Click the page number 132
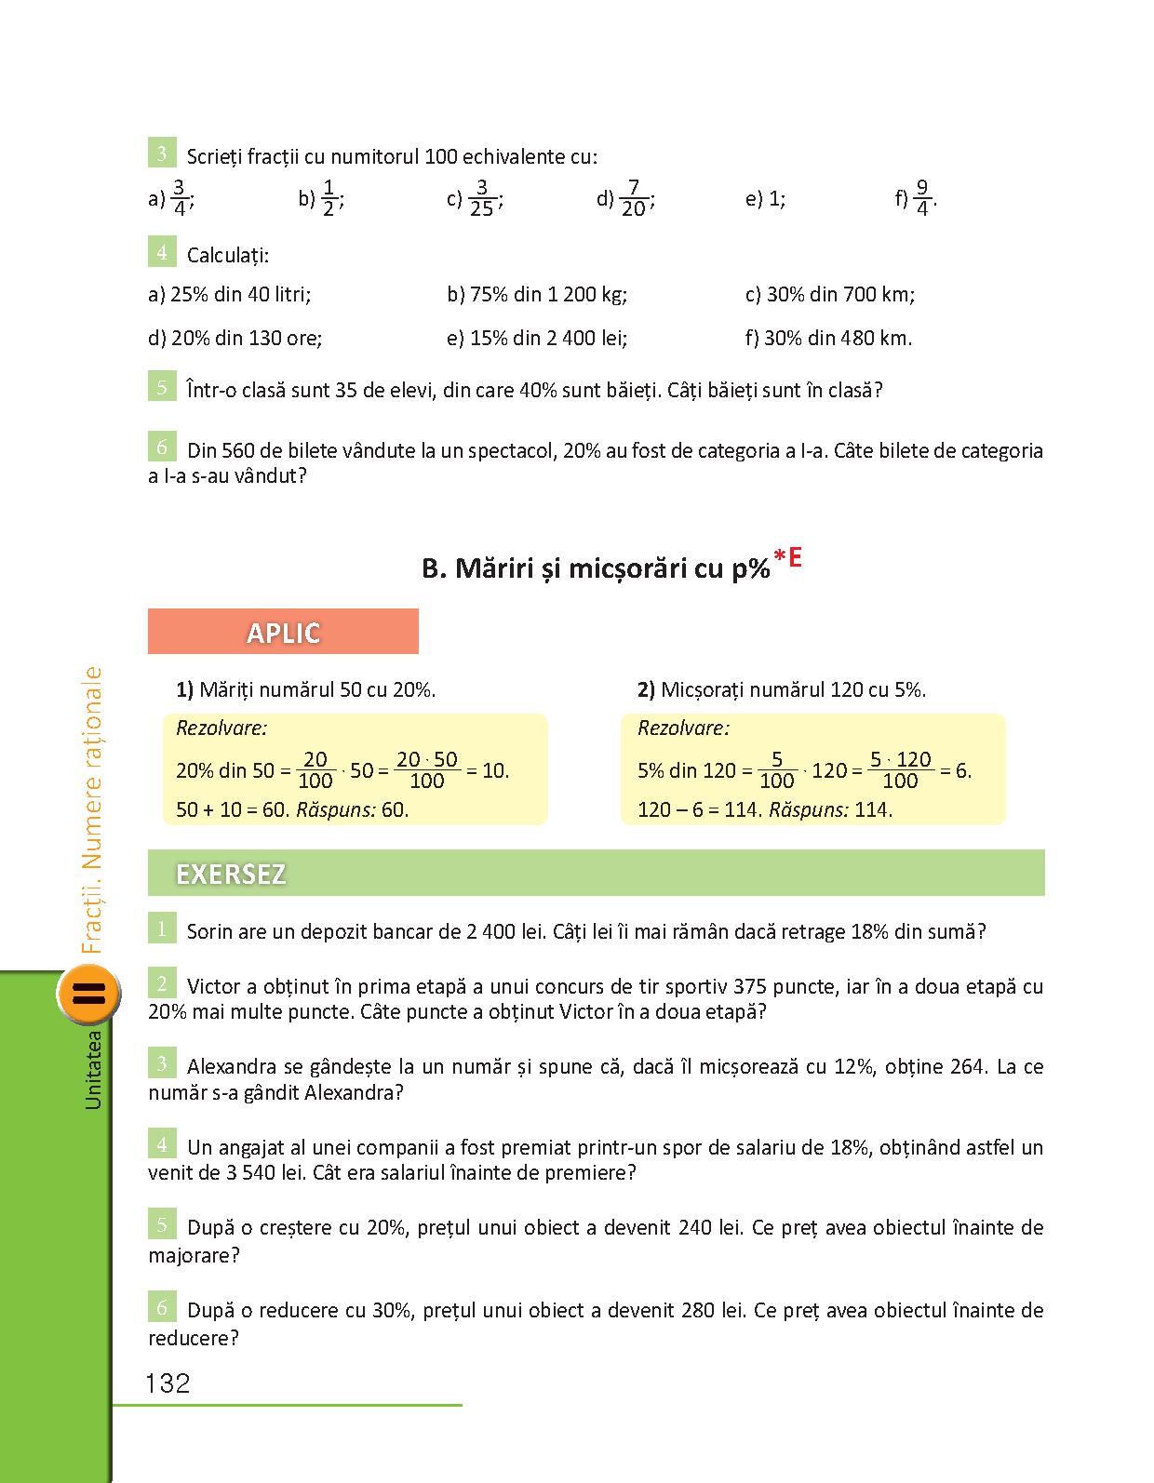click(168, 1383)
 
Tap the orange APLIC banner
click(283, 633)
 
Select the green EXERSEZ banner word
click(231, 875)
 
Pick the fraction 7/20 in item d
click(633, 198)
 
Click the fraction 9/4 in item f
click(922, 198)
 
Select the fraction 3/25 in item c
click(481, 198)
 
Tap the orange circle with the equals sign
click(89, 993)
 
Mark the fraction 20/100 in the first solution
click(315, 770)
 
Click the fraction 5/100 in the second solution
click(777, 770)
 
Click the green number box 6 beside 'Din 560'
click(162, 448)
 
